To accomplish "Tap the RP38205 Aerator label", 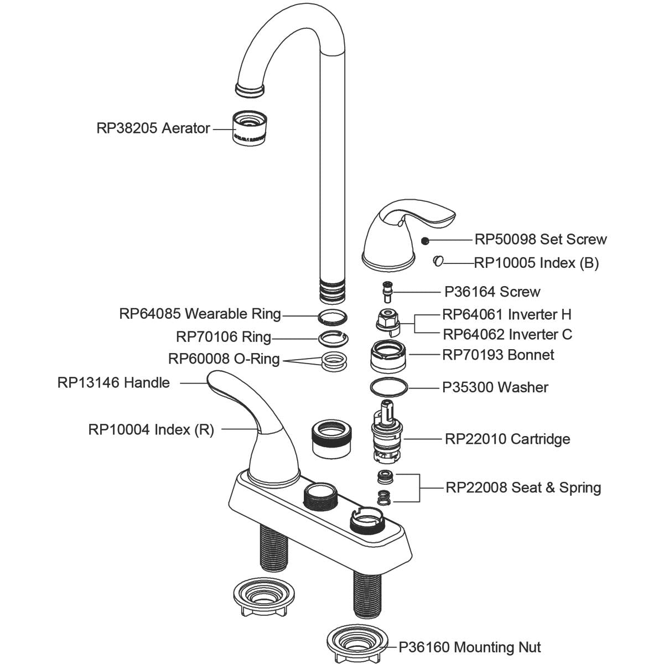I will point(153,128).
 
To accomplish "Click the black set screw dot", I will point(425,240).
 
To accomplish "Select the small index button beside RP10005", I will point(438,261).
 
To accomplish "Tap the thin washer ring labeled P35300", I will point(388,387).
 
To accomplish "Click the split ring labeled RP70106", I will point(334,337).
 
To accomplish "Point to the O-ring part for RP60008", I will point(334,360).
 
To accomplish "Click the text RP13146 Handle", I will point(113,382).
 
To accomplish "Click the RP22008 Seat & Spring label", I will point(523,487).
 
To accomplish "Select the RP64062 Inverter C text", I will point(507,335).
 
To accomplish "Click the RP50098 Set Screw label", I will point(541,240).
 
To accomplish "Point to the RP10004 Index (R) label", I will point(151,429).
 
